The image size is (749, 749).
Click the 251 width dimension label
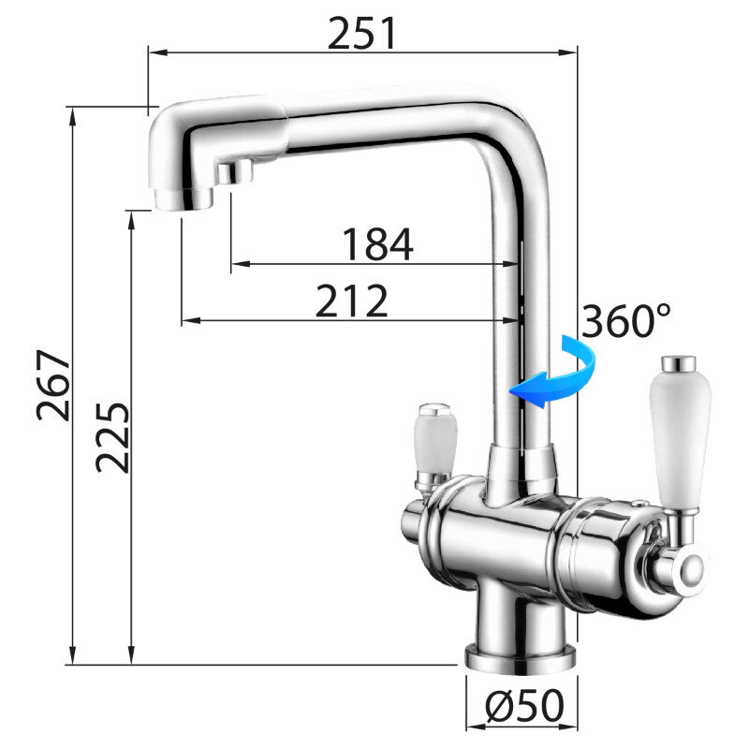[x=362, y=33]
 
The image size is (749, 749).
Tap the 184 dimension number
[x=378, y=243]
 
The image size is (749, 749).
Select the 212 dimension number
[x=352, y=301]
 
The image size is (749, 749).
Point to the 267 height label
[x=53, y=385]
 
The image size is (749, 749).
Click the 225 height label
[x=112, y=437]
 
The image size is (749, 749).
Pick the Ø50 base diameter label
[x=524, y=706]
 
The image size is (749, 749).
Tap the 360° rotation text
[x=626, y=320]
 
